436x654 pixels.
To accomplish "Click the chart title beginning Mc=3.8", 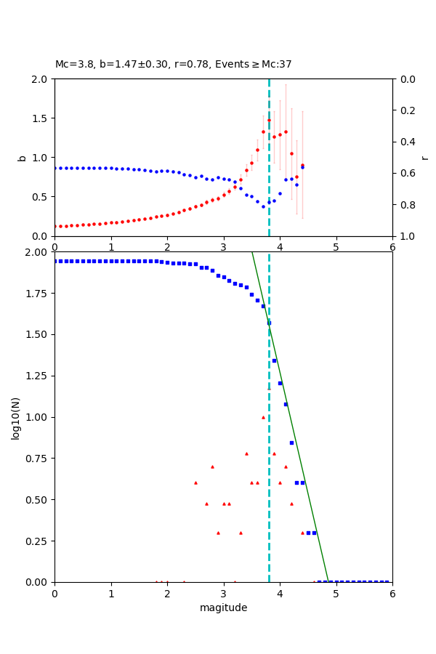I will pos(173,64).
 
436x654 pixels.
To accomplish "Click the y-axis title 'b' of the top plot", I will pos(22,157).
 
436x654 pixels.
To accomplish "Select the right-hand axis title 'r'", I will pos(424,157).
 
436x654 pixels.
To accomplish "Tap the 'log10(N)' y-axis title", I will pos(15,417).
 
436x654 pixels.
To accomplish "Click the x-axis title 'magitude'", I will pos(223,607).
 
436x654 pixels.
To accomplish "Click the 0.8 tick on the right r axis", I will pos(405,205).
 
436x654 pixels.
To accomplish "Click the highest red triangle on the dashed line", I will pos(269,388).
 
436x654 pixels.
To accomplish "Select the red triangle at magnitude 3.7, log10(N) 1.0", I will pos(263,417).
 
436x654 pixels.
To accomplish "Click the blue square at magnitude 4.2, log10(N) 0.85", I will pos(291,443).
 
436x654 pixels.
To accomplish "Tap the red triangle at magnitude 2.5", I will pos(195,483).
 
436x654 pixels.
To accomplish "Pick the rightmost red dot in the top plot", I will pos(302,165).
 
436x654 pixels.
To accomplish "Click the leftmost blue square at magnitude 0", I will pos(55,261).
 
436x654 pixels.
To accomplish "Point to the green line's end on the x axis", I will pos(328,581).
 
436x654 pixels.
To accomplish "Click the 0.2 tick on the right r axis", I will pos(405,110).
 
